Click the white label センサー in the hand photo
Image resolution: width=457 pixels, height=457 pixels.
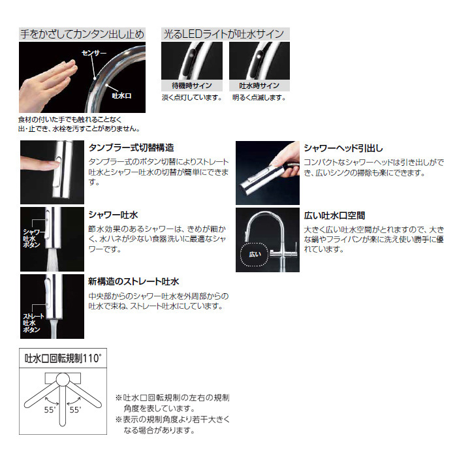(94, 53)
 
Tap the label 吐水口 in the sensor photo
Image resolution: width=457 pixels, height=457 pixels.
(122, 95)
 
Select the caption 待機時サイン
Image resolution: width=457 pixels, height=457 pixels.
(192, 86)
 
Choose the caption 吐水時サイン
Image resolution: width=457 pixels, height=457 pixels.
(259, 86)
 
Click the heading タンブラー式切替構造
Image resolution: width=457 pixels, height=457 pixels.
(131, 148)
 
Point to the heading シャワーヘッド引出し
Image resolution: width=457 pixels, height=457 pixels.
(343, 148)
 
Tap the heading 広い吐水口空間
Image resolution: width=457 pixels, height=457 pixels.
(334, 215)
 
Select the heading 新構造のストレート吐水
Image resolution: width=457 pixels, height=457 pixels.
(133, 281)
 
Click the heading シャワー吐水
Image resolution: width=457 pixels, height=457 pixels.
(113, 215)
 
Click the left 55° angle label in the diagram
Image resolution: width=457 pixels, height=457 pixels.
(50, 410)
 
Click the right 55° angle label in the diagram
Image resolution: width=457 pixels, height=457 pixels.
(75, 410)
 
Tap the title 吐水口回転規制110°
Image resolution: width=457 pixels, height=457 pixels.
(63, 358)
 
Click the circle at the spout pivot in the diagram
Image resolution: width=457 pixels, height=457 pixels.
(63, 379)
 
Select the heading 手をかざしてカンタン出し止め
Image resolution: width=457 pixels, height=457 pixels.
(82, 35)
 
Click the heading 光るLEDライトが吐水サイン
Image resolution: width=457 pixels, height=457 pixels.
(223, 35)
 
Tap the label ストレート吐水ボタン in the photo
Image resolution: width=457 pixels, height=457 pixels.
(33, 323)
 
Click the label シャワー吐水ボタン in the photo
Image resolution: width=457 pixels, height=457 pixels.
(33, 238)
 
